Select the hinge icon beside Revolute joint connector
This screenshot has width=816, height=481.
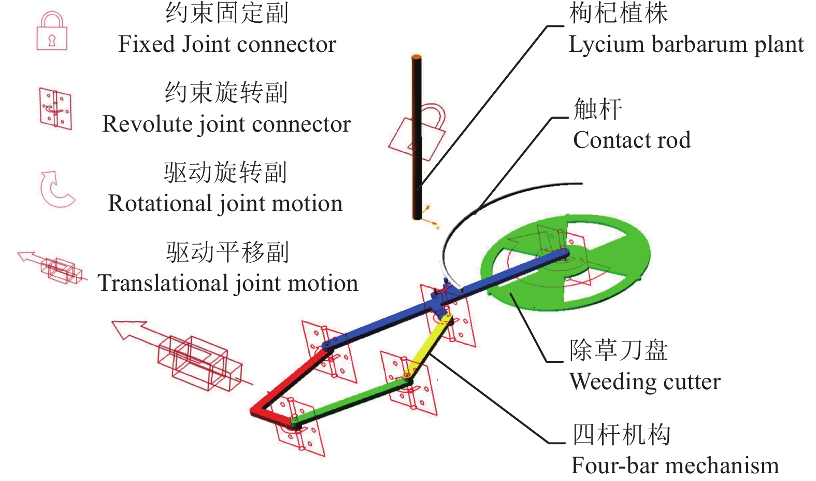[55, 109]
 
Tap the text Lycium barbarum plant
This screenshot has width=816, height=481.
[686, 45]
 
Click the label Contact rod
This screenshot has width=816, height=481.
[632, 140]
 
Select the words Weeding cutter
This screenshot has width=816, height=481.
[645, 381]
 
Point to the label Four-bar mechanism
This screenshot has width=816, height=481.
[675, 465]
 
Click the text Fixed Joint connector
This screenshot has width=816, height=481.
[227, 45]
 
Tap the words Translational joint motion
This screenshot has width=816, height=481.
[228, 284]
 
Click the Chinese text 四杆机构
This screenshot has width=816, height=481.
[621, 434]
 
